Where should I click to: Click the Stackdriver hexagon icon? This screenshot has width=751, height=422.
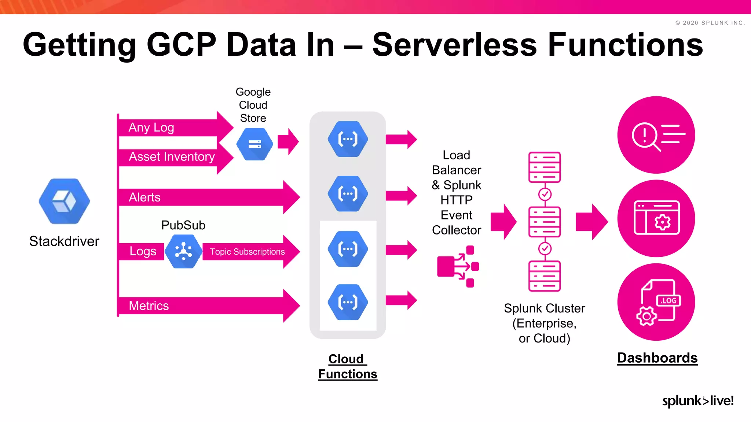pos(64,201)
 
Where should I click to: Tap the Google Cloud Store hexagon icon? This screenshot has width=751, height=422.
pos(254,144)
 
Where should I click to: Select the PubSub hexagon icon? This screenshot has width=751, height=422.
pos(183,251)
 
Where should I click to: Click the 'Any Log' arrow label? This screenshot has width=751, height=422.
pos(151,127)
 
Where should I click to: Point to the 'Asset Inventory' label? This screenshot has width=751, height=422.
pos(172,157)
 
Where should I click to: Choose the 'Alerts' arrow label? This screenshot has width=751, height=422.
pos(144,197)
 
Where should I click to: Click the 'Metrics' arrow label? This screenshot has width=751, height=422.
pos(149,306)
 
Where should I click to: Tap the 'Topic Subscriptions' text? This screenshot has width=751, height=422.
pos(247,252)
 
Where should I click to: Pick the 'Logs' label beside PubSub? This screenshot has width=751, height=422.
pos(143,251)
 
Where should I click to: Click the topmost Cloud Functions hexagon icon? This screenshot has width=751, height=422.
pos(348,139)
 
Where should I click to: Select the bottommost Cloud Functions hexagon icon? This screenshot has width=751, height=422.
pos(348,302)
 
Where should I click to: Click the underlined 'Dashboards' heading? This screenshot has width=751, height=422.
pos(657,358)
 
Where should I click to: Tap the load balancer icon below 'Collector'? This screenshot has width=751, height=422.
pos(458,266)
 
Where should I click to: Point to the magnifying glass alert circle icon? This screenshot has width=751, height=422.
pos(656,135)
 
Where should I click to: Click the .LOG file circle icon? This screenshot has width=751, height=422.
pos(656,302)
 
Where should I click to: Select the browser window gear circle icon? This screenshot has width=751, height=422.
pos(656,218)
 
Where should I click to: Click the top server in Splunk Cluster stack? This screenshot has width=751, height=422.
pos(545,167)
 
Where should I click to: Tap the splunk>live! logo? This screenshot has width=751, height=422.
pos(698,401)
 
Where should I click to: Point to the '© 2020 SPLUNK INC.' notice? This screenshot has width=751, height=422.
pos(710,23)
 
